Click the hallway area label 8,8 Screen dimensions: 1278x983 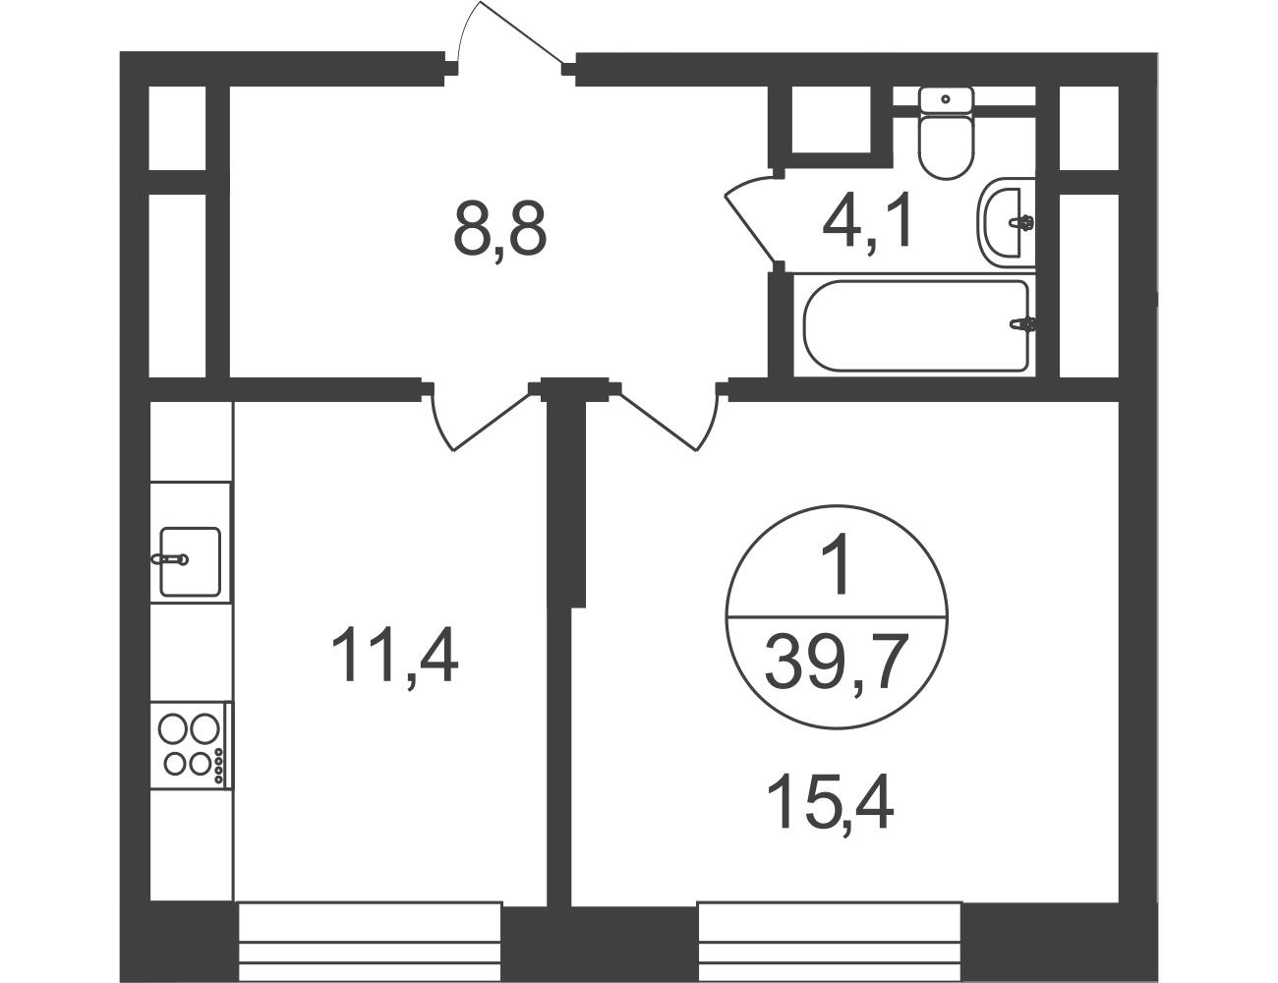tap(500, 228)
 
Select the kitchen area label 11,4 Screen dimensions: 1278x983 tap(394, 654)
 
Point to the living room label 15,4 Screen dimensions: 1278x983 tap(830, 800)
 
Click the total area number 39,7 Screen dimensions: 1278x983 tap(834, 661)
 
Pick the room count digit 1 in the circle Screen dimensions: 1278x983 tap(837, 563)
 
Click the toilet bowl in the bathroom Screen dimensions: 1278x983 tap(946, 147)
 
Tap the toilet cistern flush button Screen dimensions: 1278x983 tap(946, 99)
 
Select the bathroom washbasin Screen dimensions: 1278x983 tap(1007, 222)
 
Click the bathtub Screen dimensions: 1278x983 tap(915, 324)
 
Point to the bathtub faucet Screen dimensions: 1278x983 tap(1022, 324)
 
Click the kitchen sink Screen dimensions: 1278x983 tap(191, 561)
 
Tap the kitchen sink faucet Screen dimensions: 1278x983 tap(170, 559)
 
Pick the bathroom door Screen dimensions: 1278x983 tap(752, 218)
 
